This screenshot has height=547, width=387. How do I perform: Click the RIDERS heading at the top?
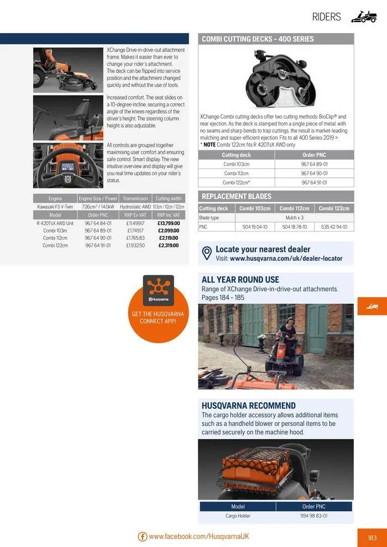pyautogui.click(x=326, y=17)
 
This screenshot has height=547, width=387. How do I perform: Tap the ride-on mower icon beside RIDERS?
pyautogui.click(x=364, y=17)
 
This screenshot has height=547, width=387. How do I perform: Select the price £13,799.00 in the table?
pyautogui.click(x=169, y=223)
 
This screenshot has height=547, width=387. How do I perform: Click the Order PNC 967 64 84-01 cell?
pyautogui.click(x=98, y=223)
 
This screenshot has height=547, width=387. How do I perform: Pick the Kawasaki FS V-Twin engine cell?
pyautogui.click(x=55, y=207)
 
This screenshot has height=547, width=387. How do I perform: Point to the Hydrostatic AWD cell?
pyautogui.click(x=135, y=207)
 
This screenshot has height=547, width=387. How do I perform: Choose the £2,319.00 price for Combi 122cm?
pyautogui.click(x=169, y=245)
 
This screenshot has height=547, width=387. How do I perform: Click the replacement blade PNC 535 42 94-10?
pyautogui.click(x=334, y=227)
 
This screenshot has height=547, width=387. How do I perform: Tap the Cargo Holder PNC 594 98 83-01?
pyautogui.click(x=313, y=516)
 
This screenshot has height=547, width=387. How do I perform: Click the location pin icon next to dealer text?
pyautogui.click(x=207, y=254)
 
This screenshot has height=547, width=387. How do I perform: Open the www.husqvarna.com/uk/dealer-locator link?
pyautogui.click(x=286, y=259)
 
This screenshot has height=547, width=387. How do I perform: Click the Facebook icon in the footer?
pyautogui.click(x=143, y=537)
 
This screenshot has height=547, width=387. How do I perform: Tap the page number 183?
pyautogui.click(x=372, y=537)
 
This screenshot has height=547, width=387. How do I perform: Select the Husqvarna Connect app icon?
pyautogui.click(x=158, y=289)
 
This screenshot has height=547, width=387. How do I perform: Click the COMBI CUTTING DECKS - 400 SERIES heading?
pyautogui.click(x=258, y=39)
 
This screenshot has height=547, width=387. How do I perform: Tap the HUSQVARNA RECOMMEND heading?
pyautogui.click(x=248, y=406)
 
